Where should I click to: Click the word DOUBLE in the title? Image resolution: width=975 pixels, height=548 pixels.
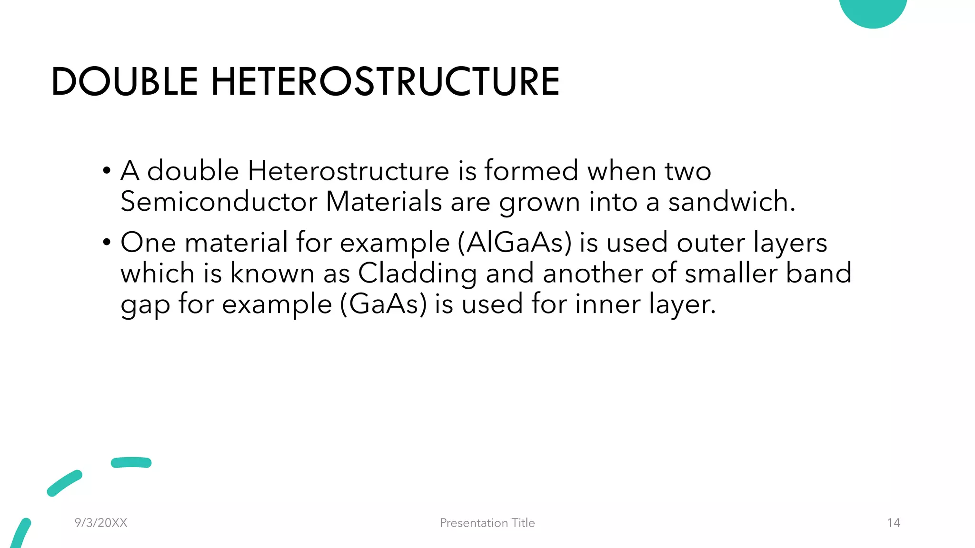pyautogui.click(x=124, y=81)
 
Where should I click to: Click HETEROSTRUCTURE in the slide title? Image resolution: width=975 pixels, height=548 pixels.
pyautogui.click(x=385, y=81)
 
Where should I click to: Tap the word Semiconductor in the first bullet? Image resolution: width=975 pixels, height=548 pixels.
pyautogui.click(x=219, y=201)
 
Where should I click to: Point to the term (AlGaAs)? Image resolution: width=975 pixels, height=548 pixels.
pyautogui.click(x=514, y=242)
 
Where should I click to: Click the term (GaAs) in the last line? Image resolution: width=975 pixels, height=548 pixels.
pyautogui.click(x=383, y=304)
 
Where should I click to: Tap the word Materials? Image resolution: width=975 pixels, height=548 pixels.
pyautogui.click(x=384, y=201)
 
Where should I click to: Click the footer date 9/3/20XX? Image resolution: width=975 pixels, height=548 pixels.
pyautogui.click(x=101, y=523)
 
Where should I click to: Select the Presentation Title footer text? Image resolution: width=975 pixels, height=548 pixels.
pyautogui.click(x=487, y=523)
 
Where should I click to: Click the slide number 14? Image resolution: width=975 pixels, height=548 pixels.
pyautogui.click(x=894, y=523)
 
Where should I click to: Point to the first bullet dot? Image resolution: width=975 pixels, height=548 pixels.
pyautogui.click(x=107, y=171)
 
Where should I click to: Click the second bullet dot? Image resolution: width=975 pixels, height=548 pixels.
pyautogui.click(x=107, y=243)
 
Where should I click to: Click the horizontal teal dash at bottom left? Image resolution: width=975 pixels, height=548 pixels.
pyautogui.click(x=131, y=462)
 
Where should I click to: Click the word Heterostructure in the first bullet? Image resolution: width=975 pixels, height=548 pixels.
pyautogui.click(x=348, y=171)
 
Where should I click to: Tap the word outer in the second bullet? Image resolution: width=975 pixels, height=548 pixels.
pyautogui.click(x=710, y=242)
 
